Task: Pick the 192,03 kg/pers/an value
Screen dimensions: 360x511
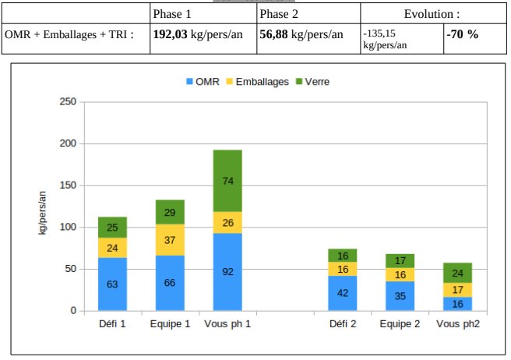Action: point(203,35)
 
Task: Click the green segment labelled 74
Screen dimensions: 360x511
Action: point(227,181)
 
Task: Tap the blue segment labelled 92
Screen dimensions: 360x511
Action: point(227,272)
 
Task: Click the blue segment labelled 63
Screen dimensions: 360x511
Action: point(112,284)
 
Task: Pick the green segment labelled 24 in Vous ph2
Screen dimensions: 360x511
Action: point(457,273)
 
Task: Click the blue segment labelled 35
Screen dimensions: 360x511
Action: point(400,296)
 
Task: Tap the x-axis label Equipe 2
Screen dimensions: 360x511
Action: point(400,323)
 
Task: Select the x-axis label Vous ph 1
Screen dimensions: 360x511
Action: point(227,323)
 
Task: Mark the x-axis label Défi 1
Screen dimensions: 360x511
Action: point(112,323)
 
